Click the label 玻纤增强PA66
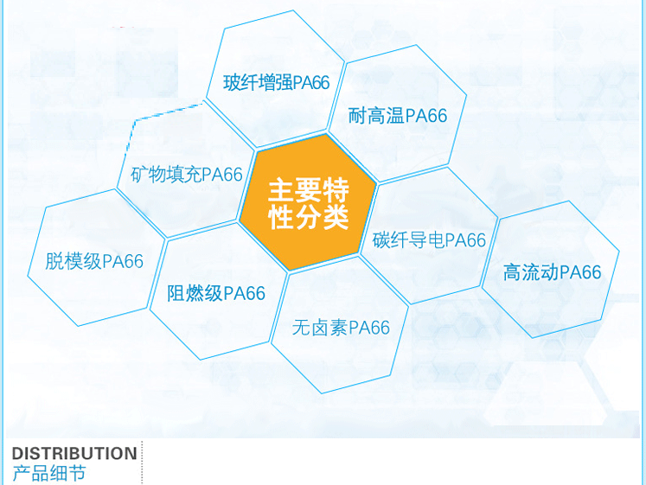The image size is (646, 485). (277, 83)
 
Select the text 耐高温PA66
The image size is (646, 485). (398, 115)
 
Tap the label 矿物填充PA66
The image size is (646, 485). (187, 175)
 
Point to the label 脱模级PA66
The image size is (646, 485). (94, 261)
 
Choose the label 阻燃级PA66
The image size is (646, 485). (216, 293)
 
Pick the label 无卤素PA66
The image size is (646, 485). (341, 328)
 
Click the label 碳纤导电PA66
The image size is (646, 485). (429, 240)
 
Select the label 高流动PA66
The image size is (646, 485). (552, 272)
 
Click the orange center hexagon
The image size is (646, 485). (308, 202)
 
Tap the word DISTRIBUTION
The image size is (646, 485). (74, 453)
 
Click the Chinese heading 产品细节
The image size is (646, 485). (49, 473)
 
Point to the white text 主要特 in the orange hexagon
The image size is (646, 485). (309, 189)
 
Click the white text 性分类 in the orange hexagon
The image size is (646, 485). (309, 216)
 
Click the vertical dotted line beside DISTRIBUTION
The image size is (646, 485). (142, 463)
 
